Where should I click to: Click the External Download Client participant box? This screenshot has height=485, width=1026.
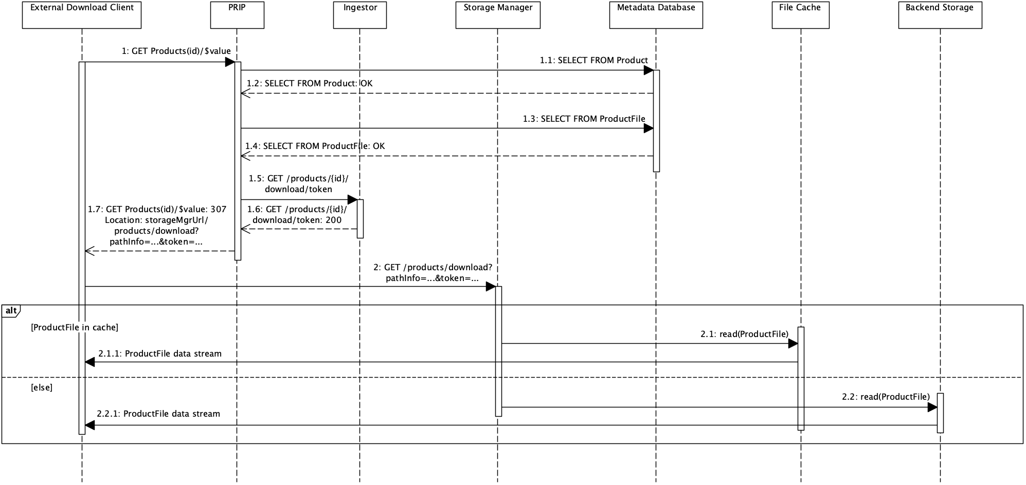[x=82, y=15]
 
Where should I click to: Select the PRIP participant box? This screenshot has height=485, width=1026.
[x=237, y=15]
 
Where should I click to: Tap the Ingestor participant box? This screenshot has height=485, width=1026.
[x=360, y=15]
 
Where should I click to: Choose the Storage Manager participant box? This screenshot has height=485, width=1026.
[x=498, y=15]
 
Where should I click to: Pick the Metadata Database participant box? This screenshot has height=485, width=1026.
[x=656, y=15]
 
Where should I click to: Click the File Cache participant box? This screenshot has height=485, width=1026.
[x=800, y=15]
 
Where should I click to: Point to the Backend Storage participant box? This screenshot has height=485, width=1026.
[x=940, y=15]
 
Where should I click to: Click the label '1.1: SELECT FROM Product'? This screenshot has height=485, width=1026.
[x=593, y=61]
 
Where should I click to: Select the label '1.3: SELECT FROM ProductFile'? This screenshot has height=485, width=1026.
[x=584, y=119]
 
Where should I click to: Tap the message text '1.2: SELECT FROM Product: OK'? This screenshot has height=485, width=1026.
[x=309, y=84]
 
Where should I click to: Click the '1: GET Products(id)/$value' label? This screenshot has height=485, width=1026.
[x=176, y=51]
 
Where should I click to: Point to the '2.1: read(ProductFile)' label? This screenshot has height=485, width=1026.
[x=744, y=334]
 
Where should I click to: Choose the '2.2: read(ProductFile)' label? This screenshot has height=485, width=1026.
[x=886, y=397]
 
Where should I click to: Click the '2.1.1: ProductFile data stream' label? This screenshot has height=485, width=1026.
[x=160, y=354]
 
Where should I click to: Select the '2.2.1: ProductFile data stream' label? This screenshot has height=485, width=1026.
[x=158, y=414]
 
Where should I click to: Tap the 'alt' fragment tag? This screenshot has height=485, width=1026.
[x=11, y=310]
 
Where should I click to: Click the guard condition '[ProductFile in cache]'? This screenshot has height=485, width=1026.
[x=75, y=327]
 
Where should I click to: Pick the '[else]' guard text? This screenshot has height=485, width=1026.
[x=42, y=388]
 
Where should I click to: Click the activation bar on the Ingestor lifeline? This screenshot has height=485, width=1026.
[x=360, y=219]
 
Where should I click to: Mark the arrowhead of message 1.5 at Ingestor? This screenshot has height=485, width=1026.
[x=353, y=200]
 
